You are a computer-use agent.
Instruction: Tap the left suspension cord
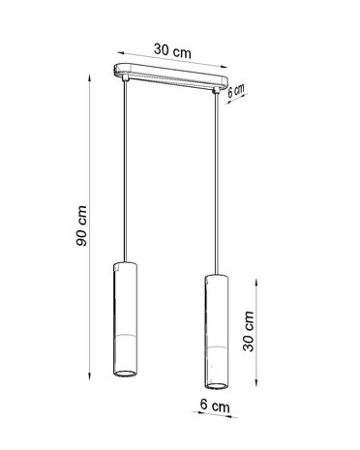pyautogui.click(x=126, y=174)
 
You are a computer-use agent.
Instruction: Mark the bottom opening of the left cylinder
pyautogui.click(x=126, y=375)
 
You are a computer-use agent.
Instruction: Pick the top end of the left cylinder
pyautogui.click(x=126, y=263)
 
